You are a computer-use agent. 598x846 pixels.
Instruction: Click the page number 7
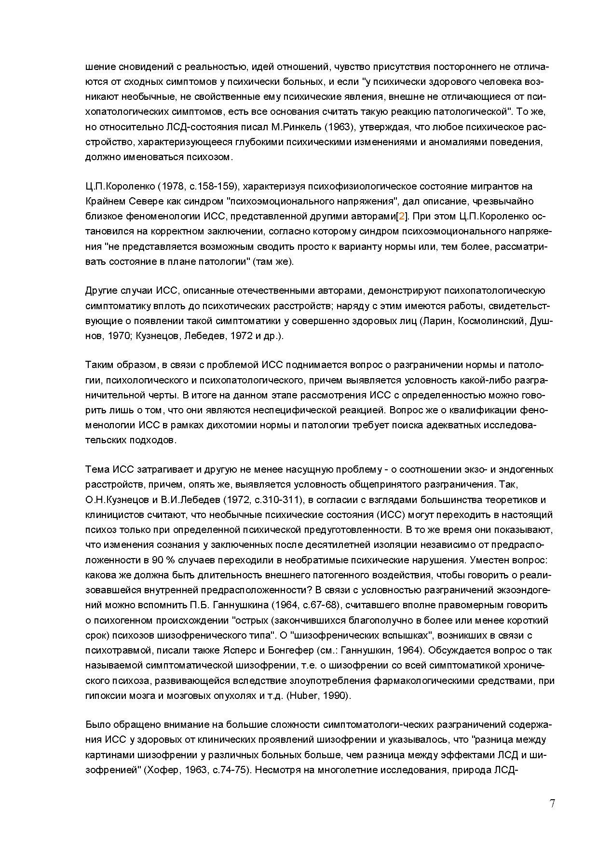coord(552,804)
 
